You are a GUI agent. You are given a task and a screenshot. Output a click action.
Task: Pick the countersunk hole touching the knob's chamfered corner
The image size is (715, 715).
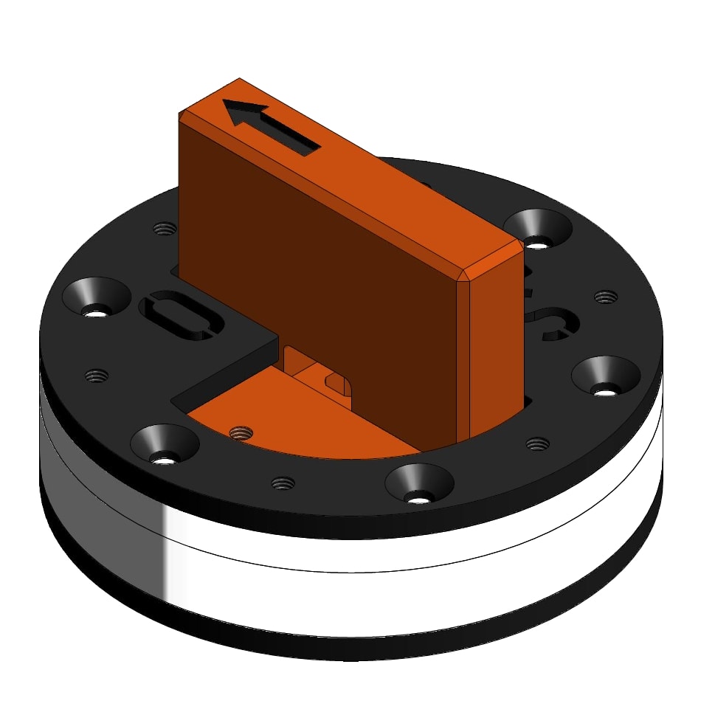tap(538, 229)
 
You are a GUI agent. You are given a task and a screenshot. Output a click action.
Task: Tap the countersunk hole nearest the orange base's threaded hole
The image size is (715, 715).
tap(165, 446)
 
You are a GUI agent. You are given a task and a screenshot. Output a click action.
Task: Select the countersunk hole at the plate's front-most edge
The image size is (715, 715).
tap(419, 485)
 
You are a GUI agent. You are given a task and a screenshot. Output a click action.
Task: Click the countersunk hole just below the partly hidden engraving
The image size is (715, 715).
tap(606, 377)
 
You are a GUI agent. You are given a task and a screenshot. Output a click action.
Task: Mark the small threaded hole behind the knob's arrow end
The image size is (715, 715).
tap(165, 228)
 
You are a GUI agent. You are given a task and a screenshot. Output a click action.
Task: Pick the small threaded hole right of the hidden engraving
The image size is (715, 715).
tap(605, 297)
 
